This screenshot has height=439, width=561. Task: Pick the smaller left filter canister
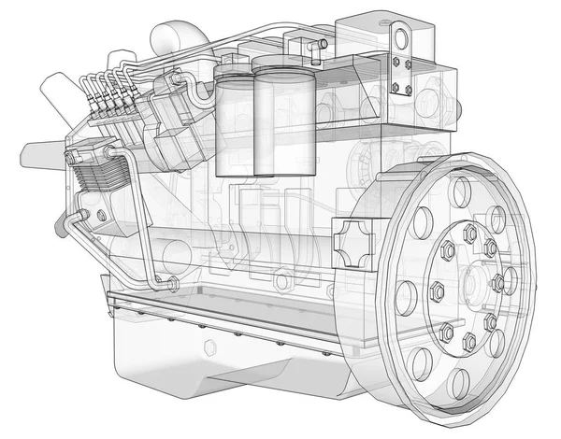[x=230, y=117]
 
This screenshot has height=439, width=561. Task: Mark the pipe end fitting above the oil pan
[x=172, y=281]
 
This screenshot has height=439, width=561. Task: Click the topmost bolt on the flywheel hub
[x=470, y=231]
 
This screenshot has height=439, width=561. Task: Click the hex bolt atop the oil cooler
[x=70, y=157]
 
